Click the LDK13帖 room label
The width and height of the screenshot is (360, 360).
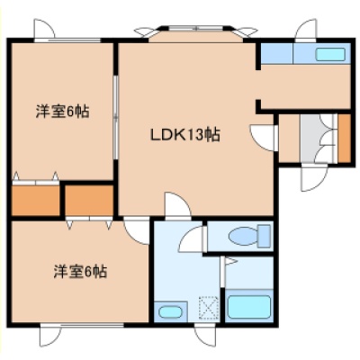click(185, 135)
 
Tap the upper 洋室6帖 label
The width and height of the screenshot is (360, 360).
click(62, 112)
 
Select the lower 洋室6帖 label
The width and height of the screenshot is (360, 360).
click(80, 272)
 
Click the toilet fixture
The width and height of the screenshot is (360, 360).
click(249, 236)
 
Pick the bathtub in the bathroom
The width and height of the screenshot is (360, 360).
click(249, 307)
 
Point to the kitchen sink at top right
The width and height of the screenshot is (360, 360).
click(329, 54)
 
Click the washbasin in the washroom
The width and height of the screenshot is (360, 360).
click(170, 312)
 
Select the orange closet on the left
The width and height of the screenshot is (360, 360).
click(36, 201)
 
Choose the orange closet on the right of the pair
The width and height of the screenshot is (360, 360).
click(89, 200)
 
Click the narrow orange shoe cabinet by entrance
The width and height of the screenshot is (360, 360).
click(345, 139)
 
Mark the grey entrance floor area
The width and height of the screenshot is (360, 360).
click(316, 139)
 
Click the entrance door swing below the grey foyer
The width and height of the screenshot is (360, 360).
click(315, 177)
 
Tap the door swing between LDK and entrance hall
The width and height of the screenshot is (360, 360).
click(263, 138)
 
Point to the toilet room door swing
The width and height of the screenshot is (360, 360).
click(193, 239)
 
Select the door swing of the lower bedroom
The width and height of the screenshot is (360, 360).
click(137, 232)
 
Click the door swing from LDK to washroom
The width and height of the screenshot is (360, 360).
click(177, 204)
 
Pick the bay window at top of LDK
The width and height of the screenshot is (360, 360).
click(196, 32)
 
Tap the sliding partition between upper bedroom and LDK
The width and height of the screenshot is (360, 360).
click(115, 117)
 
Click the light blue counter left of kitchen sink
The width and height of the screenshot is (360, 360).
click(277, 53)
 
